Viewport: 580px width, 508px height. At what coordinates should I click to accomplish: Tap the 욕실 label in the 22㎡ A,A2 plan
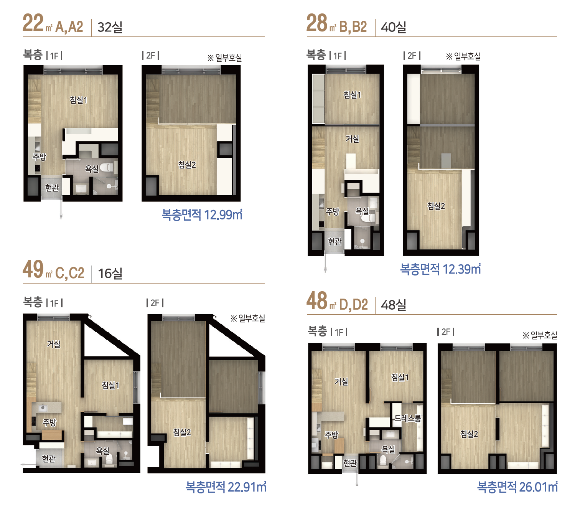click(92, 169)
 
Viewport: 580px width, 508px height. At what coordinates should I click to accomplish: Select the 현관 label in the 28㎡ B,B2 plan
click(335, 241)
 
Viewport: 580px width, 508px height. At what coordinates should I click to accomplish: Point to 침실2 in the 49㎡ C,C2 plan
click(182, 432)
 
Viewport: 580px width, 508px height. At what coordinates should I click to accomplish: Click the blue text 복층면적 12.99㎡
click(202, 214)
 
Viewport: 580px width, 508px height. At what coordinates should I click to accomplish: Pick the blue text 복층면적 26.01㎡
click(517, 487)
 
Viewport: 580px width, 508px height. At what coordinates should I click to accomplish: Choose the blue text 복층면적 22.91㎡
click(226, 487)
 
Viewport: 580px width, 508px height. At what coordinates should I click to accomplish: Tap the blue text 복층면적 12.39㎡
click(440, 269)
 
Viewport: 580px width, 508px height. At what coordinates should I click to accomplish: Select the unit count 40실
click(394, 27)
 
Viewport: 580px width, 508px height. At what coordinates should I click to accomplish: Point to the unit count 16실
click(110, 274)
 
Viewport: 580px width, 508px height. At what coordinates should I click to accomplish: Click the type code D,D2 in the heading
click(353, 305)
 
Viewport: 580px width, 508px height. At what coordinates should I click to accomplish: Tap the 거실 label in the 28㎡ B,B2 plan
click(352, 139)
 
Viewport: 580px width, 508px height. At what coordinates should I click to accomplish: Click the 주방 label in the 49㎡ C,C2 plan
click(49, 423)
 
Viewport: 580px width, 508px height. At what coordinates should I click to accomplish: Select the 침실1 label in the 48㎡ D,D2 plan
click(400, 377)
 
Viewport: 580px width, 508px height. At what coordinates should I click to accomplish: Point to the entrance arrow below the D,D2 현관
click(357, 479)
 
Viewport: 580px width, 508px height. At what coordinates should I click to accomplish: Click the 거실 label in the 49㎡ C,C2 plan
click(54, 344)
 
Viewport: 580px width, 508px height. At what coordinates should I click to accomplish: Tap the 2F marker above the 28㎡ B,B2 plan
click(412, 56)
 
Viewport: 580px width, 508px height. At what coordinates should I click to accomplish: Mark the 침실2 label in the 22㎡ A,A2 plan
click(187, 165)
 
